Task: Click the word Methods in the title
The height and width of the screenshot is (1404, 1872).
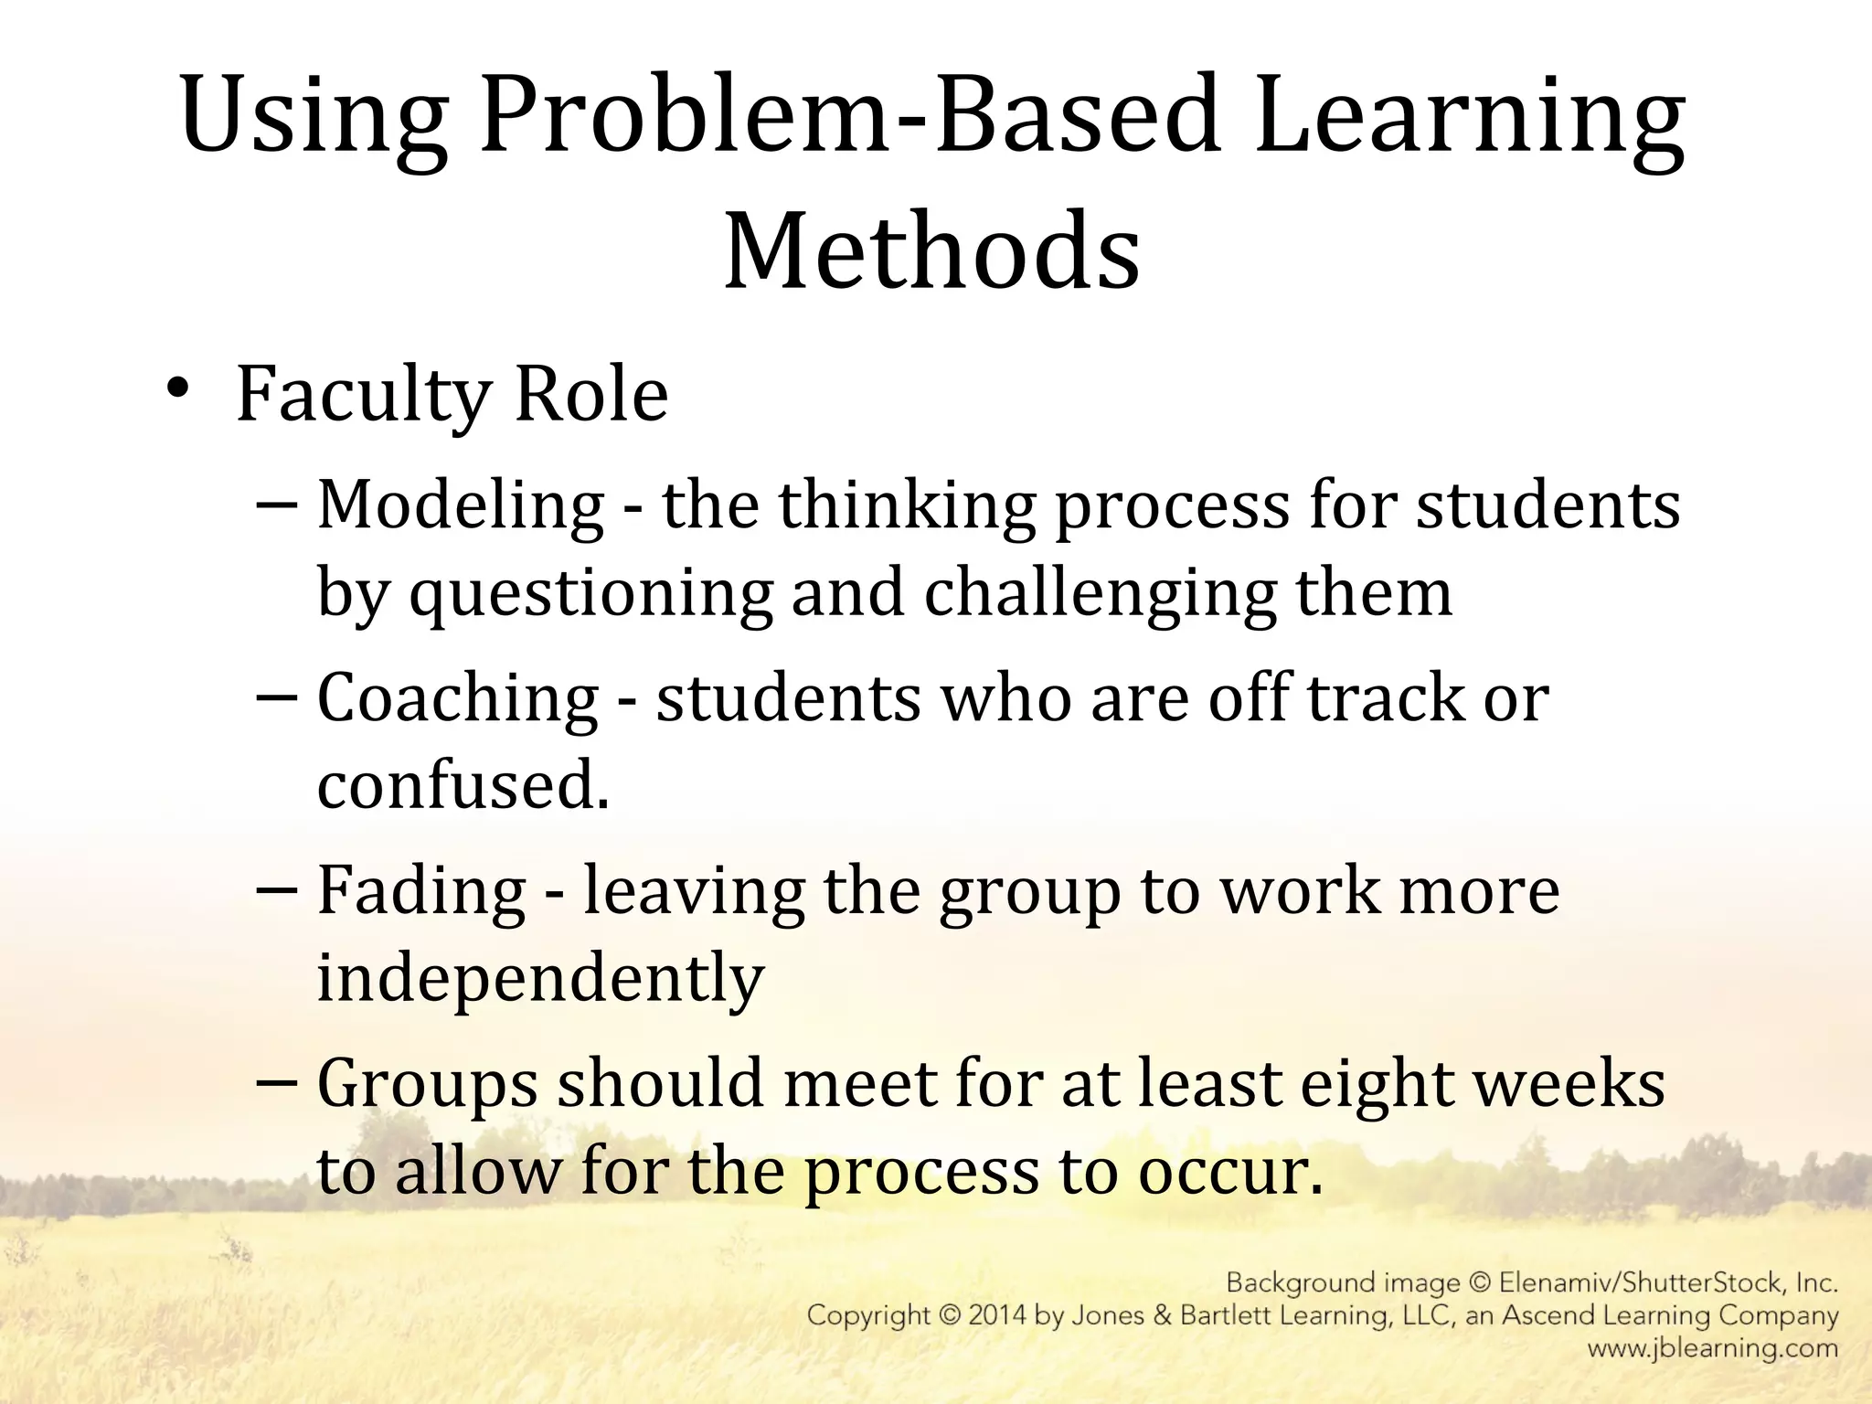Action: pyautogui.click(x=931, y=250)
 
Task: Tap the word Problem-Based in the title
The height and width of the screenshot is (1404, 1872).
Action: pyautogui.click(x=850, y=117)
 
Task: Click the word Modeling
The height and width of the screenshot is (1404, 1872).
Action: pyautogui.click(x=460, y=505)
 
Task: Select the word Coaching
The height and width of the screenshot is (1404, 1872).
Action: pyautogui.click(x=457, y=698)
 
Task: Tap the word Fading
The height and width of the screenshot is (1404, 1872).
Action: pyautogui.click(x=421, y=891)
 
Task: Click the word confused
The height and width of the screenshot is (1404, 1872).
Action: pyautogui.click(x=462, y=786)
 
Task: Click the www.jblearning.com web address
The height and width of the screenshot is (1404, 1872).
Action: pyautogui.click(x=1712, y=1348)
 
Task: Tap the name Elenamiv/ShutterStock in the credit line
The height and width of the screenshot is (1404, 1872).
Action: pyautogui.click(x=1643, y=1283)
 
